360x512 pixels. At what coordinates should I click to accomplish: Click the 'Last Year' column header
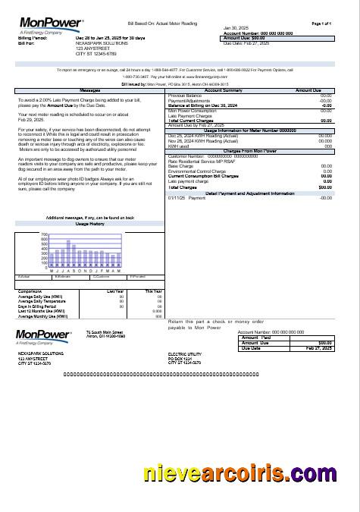[x=115, y=291]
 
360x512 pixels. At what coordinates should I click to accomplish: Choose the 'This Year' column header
[x=153, y=291]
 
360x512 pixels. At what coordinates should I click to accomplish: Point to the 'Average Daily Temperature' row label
[x=42, y=301]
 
